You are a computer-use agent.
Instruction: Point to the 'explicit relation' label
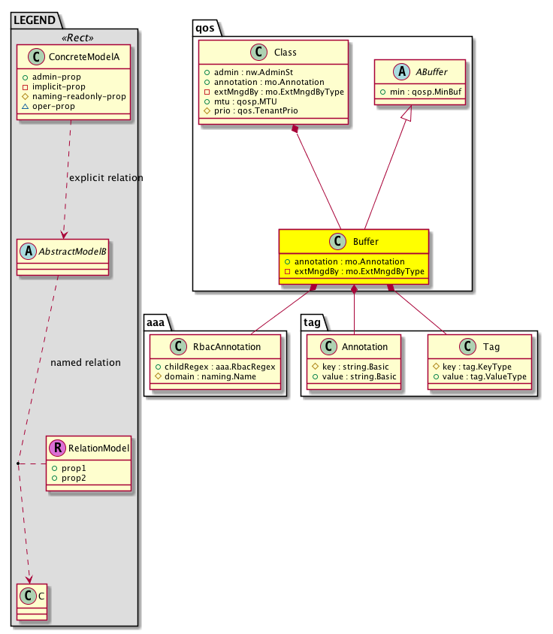coord(106,178)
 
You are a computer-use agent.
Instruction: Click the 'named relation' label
coord(86,363)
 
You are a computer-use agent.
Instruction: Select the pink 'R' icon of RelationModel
coord(56,449)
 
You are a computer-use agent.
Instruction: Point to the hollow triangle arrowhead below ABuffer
coord(406,113)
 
